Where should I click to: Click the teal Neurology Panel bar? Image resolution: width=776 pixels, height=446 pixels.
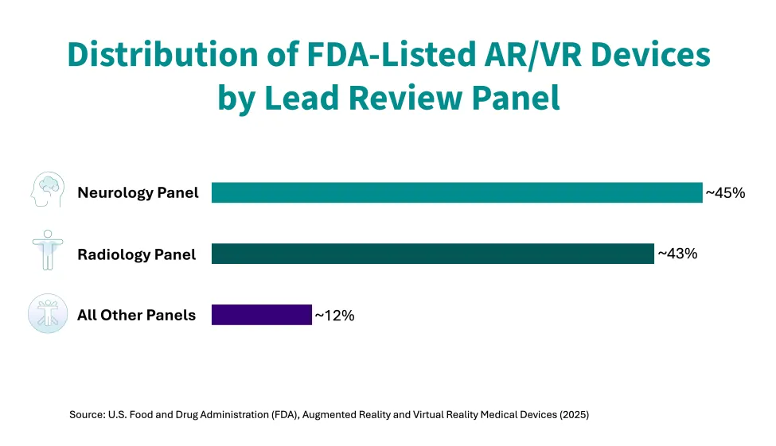coord(457,192)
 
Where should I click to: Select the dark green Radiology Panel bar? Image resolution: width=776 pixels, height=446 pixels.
coord(432,254)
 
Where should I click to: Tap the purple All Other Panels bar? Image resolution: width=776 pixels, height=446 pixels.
coord(261,315)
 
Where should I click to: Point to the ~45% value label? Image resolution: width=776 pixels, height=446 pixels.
coord(725,192)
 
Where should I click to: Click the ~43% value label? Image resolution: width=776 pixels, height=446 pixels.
coord(677,254)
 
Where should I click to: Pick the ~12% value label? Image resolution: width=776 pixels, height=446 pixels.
coord(334,316)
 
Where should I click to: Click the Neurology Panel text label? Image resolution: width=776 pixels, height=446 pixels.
coord(138,192)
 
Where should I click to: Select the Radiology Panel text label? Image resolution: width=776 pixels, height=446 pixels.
coord(136,254)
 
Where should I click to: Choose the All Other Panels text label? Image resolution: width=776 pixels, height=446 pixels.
coord(136,316)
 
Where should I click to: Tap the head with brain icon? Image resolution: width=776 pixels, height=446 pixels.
coord(47,190)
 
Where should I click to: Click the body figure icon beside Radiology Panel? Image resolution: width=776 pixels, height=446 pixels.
coord(47,250)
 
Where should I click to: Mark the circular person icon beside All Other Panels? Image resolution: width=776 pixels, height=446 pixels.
coord(47,313)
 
